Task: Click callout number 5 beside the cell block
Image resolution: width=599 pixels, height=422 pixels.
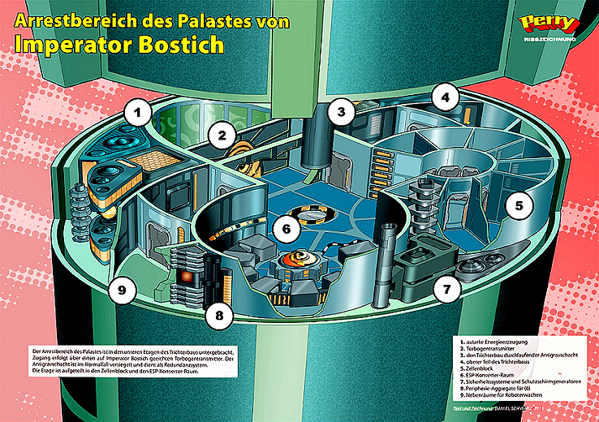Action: (517, 205)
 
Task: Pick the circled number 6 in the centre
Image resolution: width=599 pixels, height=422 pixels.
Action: (282, 230)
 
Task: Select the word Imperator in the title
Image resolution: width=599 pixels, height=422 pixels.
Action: (78, 43)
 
